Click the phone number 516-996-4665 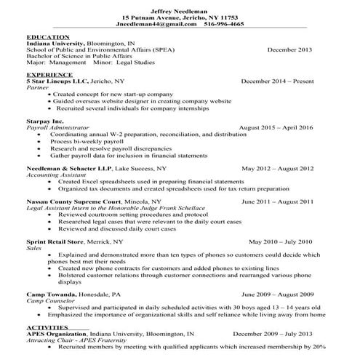225,23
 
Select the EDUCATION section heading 48,36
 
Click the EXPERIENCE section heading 49,75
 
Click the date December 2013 290,49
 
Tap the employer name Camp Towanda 49,295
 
